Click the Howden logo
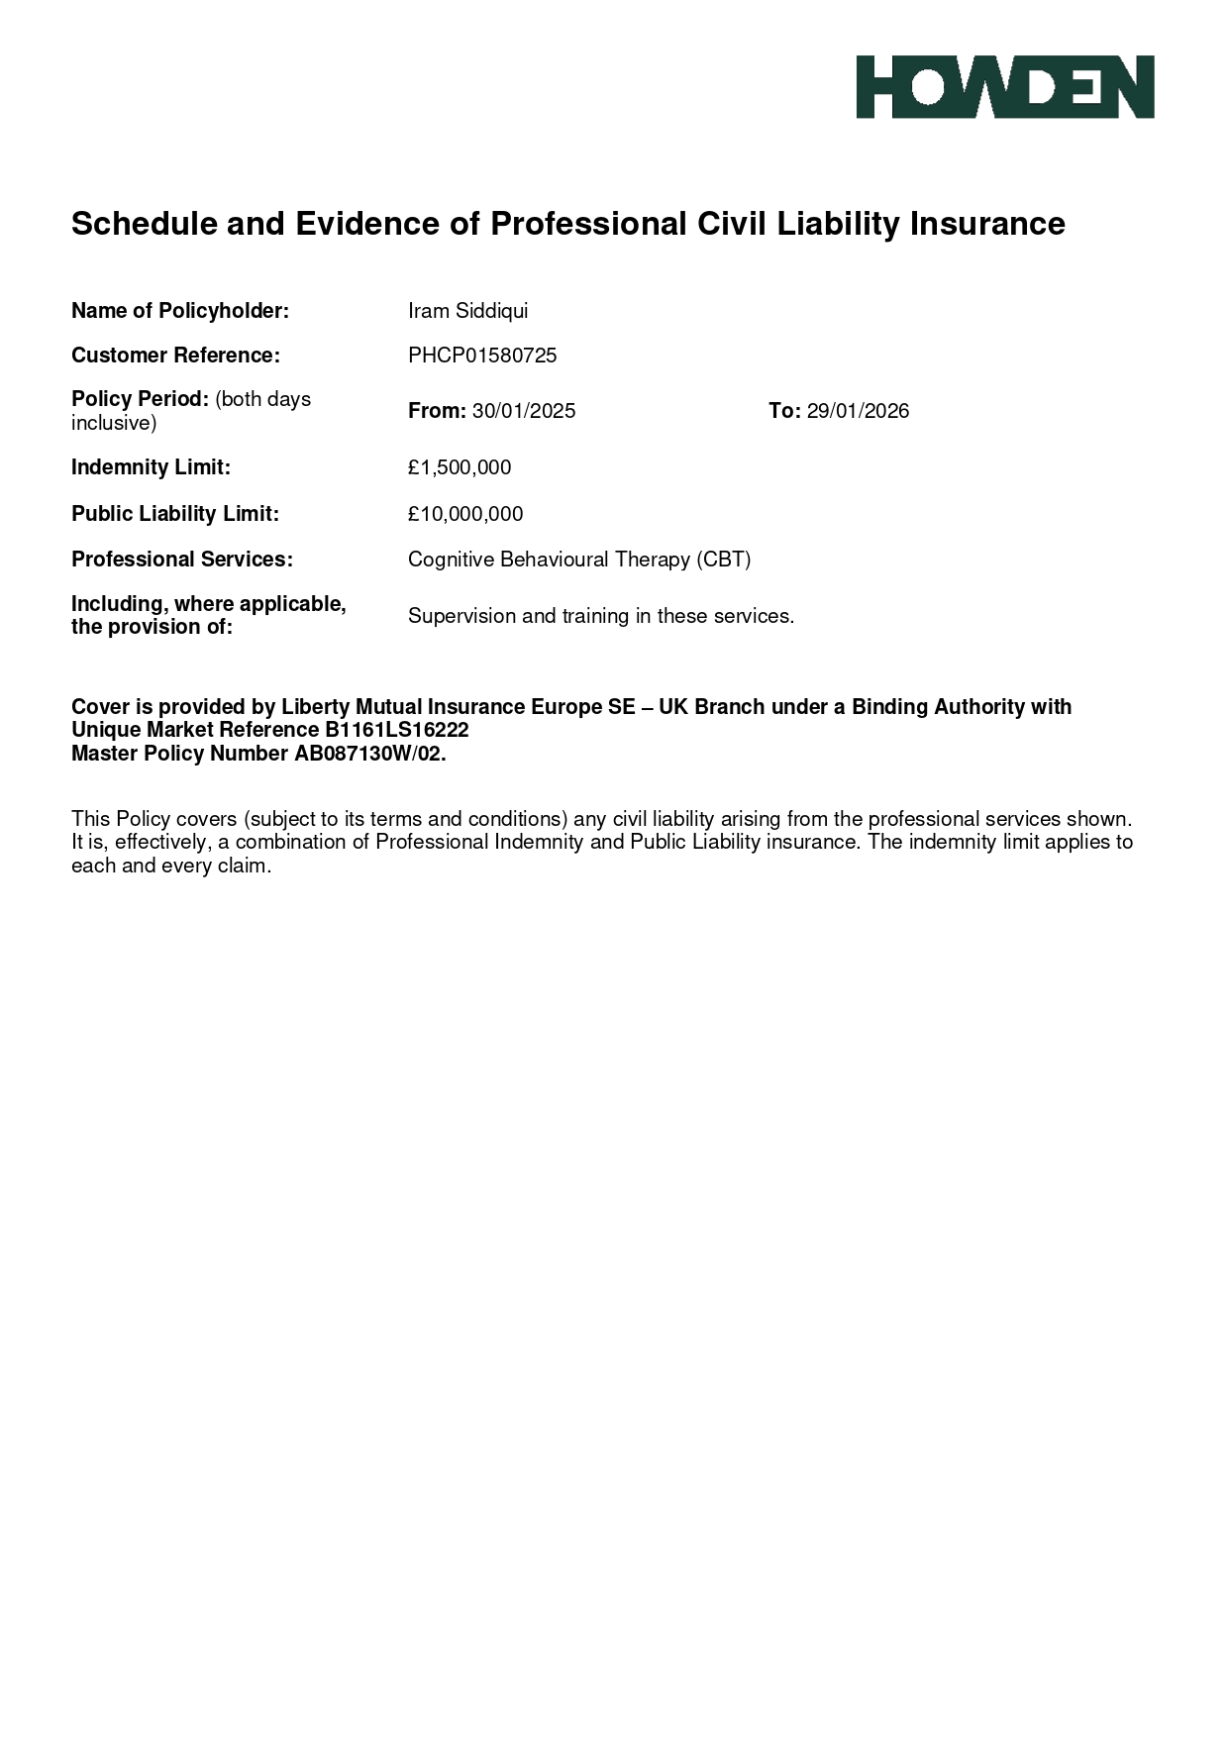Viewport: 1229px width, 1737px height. point(1004,87)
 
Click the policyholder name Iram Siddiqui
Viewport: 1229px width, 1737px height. point(467,311)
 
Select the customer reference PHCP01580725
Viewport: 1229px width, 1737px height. point(482,356)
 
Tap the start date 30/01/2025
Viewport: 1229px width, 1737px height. point(524,411)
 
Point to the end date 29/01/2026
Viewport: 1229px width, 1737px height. point(858,411)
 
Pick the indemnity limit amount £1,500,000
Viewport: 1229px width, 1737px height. point(460,467)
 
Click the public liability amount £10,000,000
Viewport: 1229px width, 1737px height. point(465,514)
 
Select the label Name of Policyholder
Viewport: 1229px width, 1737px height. point(179,311)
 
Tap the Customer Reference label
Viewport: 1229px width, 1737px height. point(175,356)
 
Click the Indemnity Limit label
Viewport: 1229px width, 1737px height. point(151,467)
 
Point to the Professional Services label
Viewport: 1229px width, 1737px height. point(181,560)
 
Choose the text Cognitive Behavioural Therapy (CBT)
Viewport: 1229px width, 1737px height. point(579,560)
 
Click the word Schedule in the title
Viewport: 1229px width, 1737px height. point(144,224)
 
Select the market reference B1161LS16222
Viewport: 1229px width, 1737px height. point(396,731)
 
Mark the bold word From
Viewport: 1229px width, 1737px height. point(436,411)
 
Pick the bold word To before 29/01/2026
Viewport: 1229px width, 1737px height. point(783,411)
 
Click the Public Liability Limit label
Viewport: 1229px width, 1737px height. point(174,514)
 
